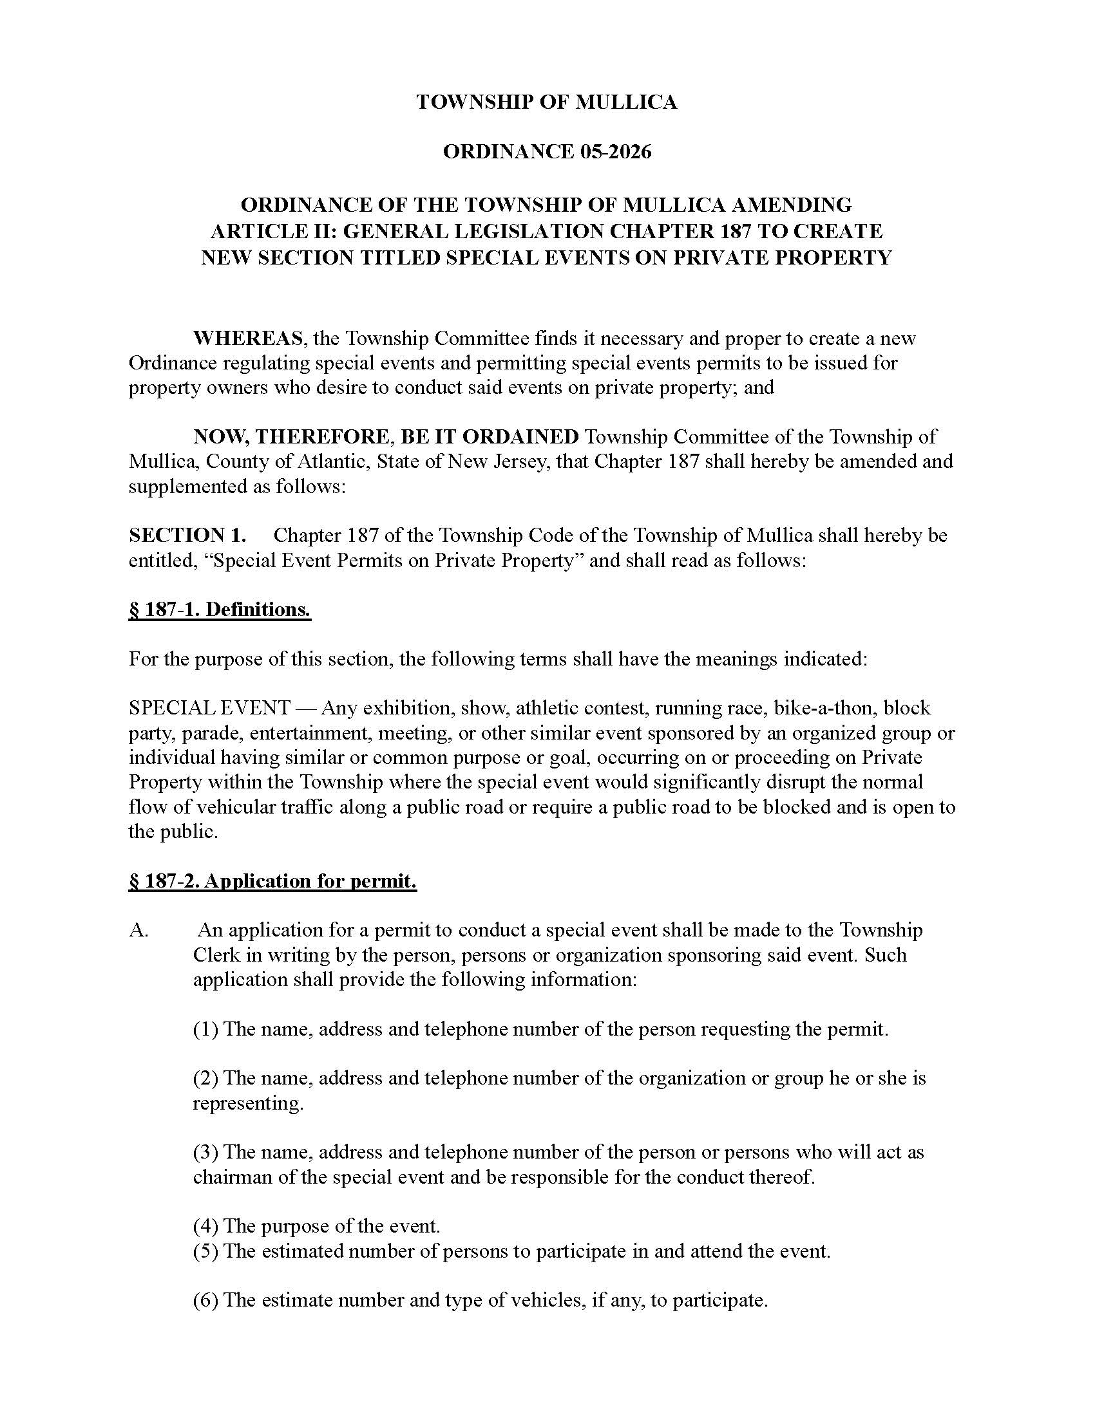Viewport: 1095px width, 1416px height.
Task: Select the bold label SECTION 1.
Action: point(187,535)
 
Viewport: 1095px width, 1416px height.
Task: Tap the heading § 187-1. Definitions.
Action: point(220,610)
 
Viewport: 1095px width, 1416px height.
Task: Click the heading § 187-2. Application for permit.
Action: point(272,881)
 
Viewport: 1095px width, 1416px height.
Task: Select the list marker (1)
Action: point(205,1029)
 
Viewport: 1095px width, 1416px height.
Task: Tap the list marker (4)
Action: point(205,1226)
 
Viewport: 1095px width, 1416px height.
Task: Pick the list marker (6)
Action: point(205,1300)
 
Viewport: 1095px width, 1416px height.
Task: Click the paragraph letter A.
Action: point(139,931)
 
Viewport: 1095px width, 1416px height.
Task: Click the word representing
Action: point(248,1103)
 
